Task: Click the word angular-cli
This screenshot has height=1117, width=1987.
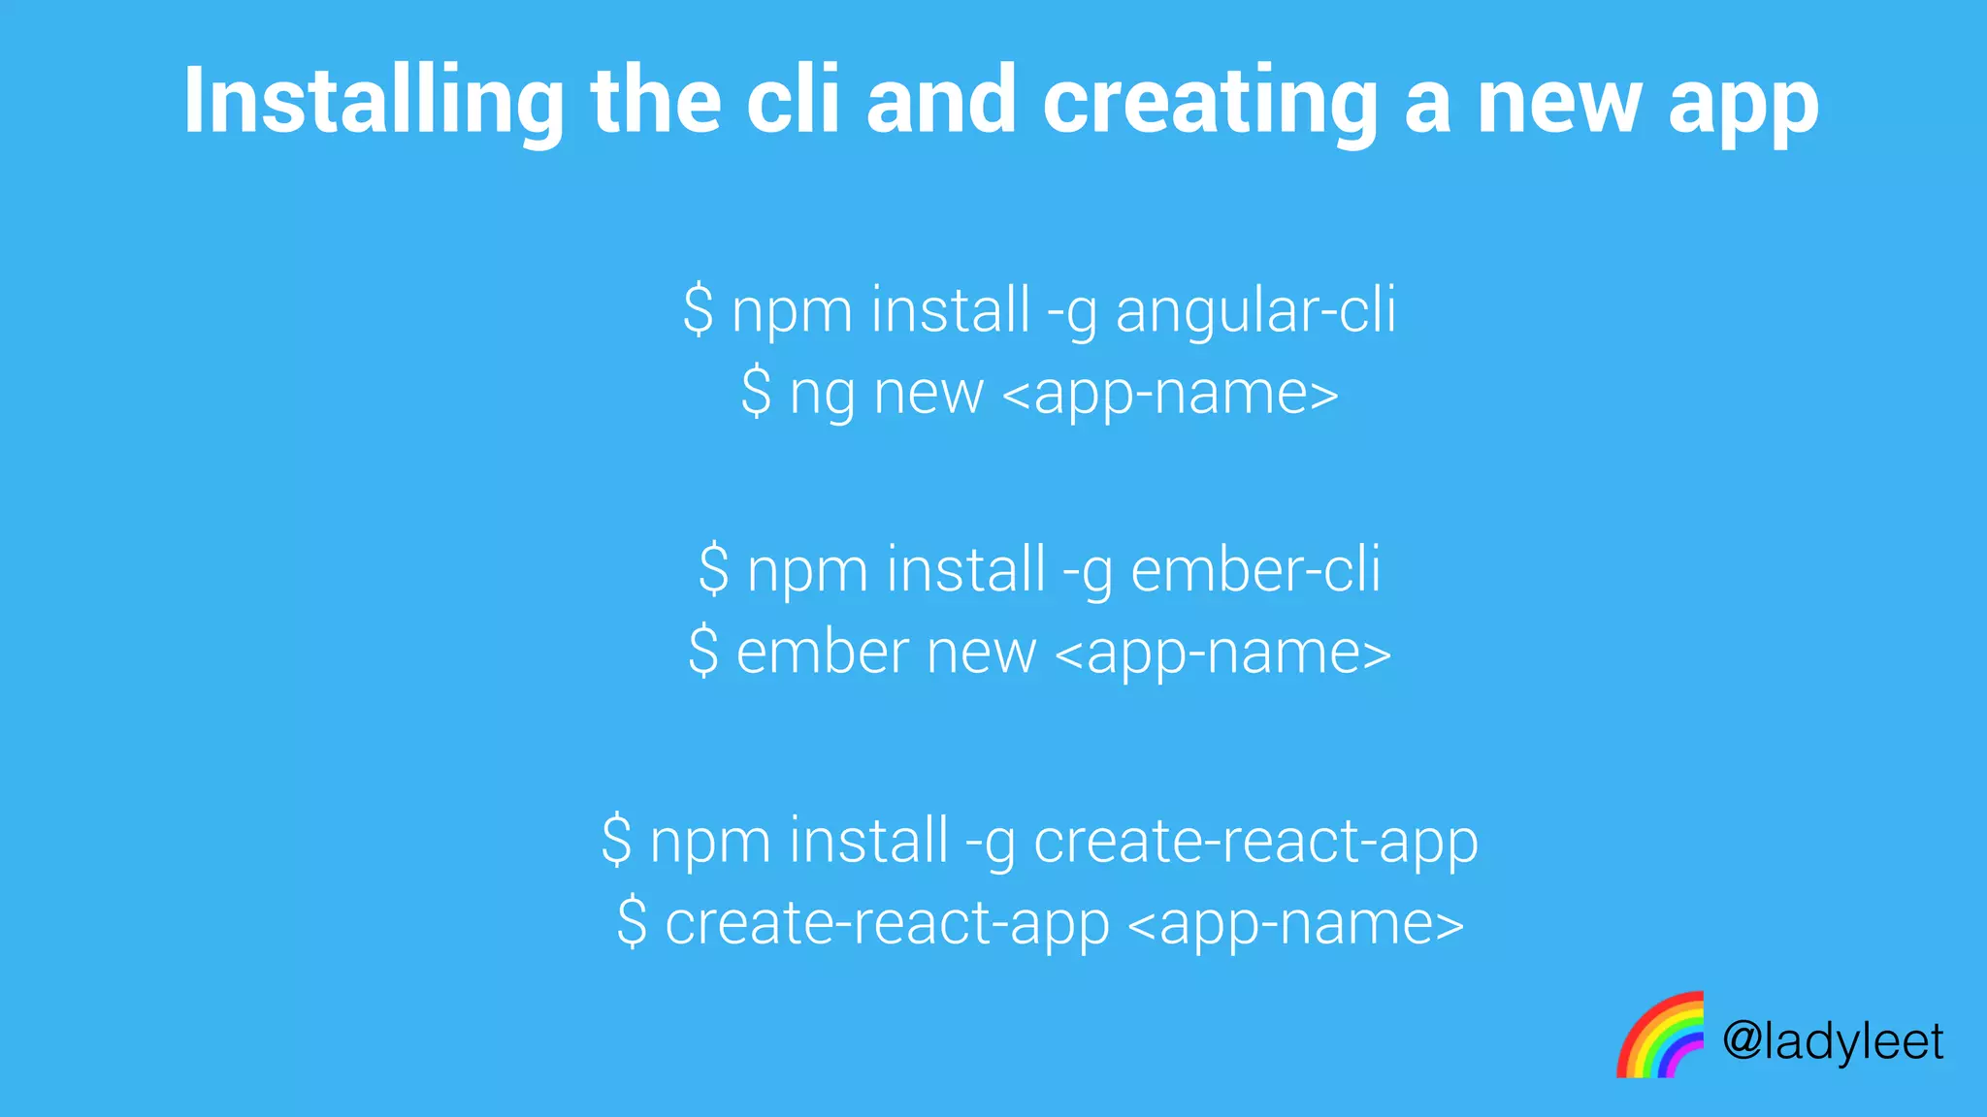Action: click(1255, 311)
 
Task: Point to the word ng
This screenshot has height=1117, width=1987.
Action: click(821, 396)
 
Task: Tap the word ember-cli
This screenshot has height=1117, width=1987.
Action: click(1255, 570)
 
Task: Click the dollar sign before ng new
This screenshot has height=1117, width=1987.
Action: click(756, 393)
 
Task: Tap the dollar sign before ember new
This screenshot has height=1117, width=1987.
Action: click(703, 651)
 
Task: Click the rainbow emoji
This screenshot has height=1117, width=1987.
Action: click(1660, 1036)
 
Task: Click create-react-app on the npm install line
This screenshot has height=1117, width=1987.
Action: click(1255, 841)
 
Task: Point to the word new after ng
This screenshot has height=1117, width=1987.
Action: click(928, 395)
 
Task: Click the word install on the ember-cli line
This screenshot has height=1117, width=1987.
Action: click(965, 570)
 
